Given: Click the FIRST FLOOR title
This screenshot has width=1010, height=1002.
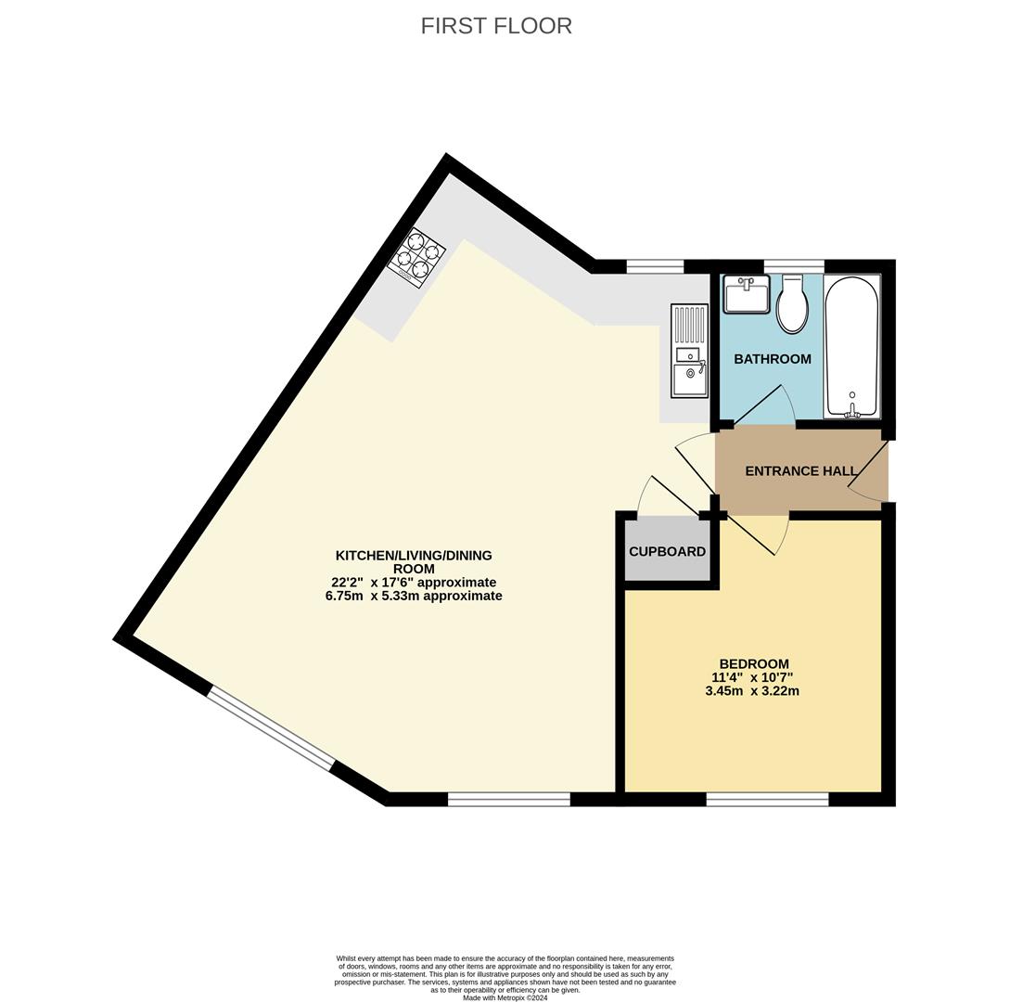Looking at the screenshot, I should tap(496, 26).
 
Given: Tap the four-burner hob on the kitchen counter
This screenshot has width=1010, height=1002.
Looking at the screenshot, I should tap(416, 258).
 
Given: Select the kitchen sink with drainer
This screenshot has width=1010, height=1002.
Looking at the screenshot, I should tap(689, 352).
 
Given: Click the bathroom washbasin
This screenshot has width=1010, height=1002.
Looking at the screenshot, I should tap(747, 294).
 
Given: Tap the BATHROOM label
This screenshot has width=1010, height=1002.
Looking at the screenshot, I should tap(773, 359).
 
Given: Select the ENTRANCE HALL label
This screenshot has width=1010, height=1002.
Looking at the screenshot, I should tap(800, 471).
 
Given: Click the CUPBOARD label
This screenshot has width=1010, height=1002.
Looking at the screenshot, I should tap(667, 551).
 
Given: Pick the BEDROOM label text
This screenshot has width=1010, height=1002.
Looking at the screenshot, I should tap(754, 663).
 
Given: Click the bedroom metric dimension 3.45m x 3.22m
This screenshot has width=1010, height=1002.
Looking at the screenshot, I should tap(751, 691).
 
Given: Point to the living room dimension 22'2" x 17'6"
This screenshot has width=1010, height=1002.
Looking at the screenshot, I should tap(414, 583).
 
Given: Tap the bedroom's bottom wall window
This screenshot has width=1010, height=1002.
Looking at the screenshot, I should tap(767, 799).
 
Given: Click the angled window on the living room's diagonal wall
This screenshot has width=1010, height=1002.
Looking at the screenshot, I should tap(270, 728).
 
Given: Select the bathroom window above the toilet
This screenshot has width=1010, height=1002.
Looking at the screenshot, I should tap(793, 267).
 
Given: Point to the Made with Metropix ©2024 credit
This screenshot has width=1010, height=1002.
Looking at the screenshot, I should tap(505, 998).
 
